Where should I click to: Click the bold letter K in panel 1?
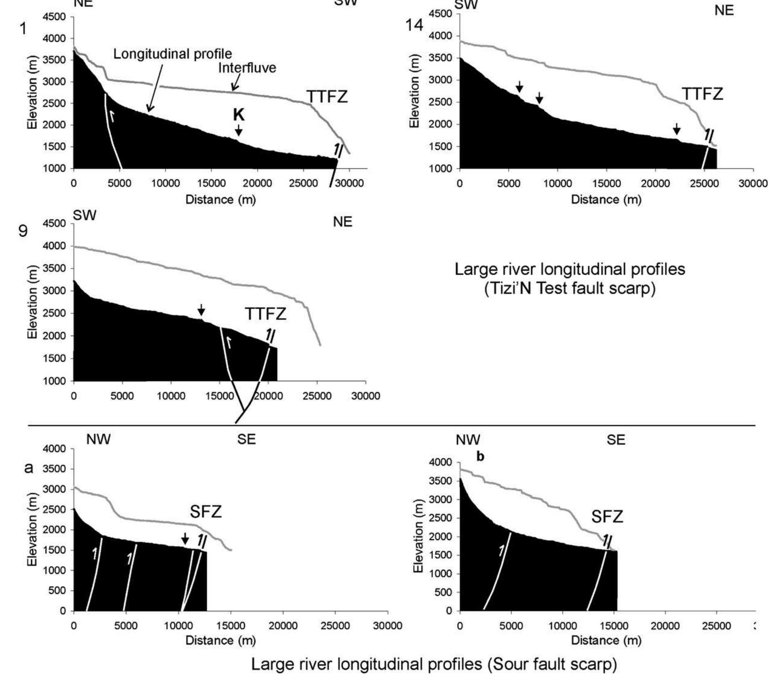(x=239, y=115)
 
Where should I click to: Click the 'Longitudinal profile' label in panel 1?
(x=173, y=54)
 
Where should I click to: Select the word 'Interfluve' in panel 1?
(x=247, y=68)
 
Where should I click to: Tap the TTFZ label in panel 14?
(x=703, y=94)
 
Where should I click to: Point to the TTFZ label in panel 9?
(x=266, y=314)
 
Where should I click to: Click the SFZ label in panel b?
(x=607, y=517)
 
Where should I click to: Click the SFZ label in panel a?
(x=206, y=512)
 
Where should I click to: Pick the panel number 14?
(x=414, y=25)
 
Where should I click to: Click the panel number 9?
(x=23, y=231)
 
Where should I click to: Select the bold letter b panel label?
(x=480, y=457)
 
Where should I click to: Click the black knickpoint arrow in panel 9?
(x=201, y=310)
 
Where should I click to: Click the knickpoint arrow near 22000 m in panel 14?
(x=677, y=129)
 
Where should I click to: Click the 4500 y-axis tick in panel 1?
(x=55, y=17)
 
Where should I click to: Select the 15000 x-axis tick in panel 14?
(x=606, y=183)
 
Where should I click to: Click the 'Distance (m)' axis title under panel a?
(x=220, y=640)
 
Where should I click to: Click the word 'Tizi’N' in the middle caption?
(x=517, y=289)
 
